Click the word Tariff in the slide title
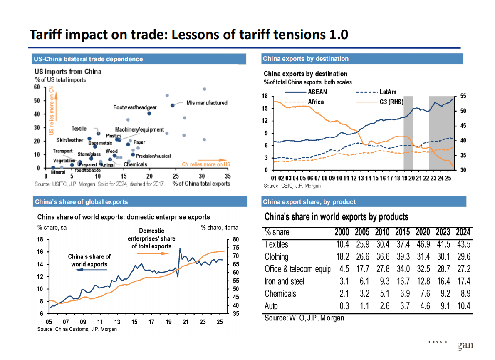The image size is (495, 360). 46,35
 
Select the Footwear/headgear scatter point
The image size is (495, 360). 149,113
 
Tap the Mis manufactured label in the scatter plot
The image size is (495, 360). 207,103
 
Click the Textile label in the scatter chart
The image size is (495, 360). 79,129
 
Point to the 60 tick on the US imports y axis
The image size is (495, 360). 37,87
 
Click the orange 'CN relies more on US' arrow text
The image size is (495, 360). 206,164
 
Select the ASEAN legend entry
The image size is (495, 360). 317,92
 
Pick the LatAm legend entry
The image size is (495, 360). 388,92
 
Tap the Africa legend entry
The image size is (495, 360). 316,102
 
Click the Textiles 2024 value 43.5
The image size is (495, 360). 463,244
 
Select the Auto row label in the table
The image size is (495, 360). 271,306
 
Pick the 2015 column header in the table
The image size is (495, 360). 402,232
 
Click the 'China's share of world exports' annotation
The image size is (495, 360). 89,260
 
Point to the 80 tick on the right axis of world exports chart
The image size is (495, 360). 235,239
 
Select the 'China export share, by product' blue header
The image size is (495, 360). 309,202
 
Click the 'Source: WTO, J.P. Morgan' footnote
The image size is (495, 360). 304,318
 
